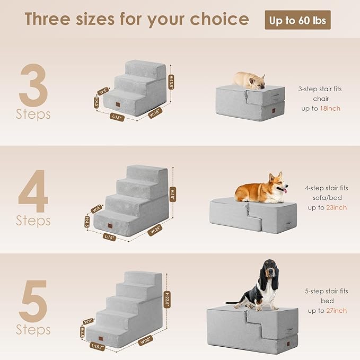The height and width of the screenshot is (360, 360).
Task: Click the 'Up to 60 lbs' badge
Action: (297, 20)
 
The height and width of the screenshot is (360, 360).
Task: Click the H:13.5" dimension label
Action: (171, 83)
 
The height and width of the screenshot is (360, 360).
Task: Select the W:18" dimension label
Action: (155, 112)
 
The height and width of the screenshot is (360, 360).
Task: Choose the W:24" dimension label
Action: (155, 230)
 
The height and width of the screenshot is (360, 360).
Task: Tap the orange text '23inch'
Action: (336, 207)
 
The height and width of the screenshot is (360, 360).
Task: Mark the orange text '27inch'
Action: (336, 310)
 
